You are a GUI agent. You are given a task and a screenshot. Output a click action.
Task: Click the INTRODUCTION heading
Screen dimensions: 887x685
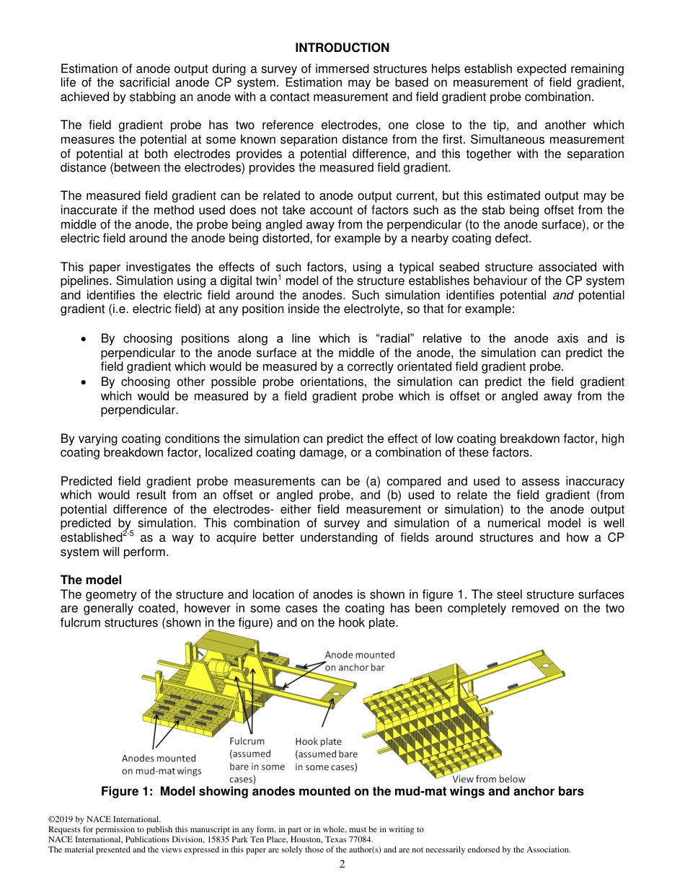point(342,48)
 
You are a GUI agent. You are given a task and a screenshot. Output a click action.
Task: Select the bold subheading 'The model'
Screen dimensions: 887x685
point(91,580)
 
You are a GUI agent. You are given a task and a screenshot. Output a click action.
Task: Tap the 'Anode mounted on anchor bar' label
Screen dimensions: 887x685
point(359,661)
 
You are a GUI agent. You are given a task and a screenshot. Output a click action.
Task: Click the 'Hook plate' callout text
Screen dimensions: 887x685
point(318,741)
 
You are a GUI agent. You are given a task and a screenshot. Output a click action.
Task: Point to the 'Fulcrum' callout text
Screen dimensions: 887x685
point(247,741)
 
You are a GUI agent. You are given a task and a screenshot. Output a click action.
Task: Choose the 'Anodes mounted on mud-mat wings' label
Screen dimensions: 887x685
point(161,764)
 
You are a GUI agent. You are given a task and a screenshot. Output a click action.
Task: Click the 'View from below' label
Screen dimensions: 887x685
point(488,779)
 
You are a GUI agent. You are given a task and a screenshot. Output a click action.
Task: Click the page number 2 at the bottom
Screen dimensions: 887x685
point(342,864)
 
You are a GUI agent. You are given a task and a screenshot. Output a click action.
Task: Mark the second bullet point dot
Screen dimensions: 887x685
point(85,382)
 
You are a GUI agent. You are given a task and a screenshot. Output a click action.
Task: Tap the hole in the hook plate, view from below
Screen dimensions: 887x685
point(546,665)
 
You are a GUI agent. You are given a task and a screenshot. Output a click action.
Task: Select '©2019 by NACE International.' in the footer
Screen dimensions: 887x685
point(103,819)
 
